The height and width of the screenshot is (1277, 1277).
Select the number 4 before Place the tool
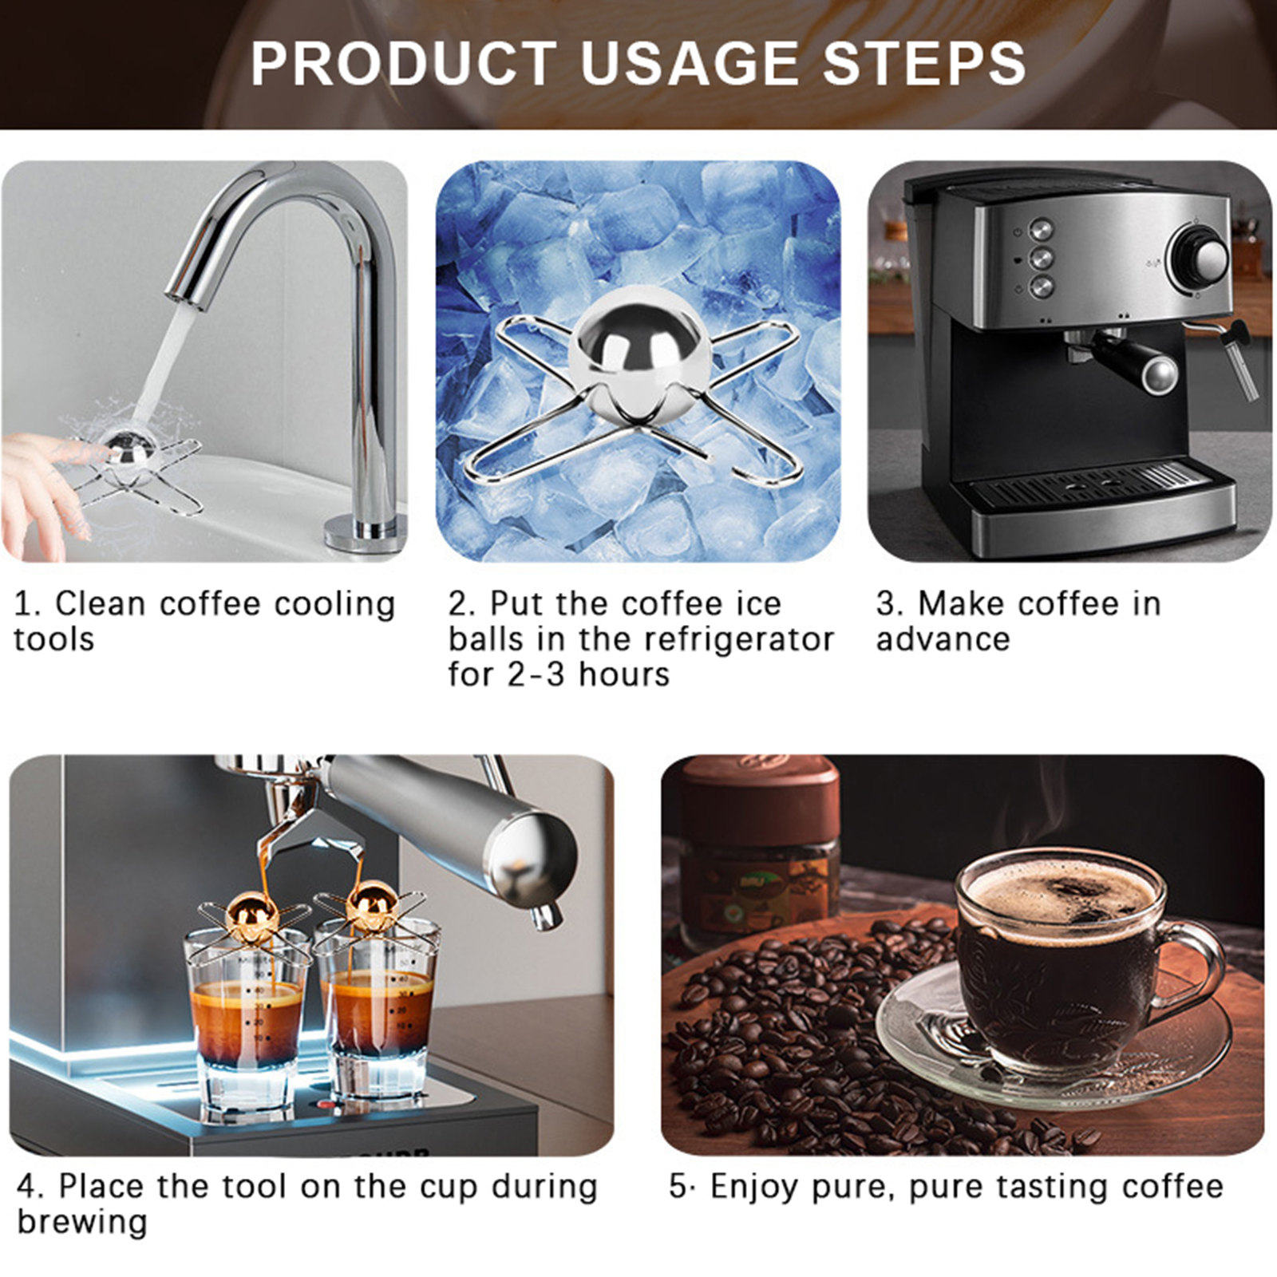click(x=29, y=1187)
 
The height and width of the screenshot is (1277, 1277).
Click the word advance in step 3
click(x=943, y=639)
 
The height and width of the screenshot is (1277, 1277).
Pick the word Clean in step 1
click(x=101, y=603)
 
